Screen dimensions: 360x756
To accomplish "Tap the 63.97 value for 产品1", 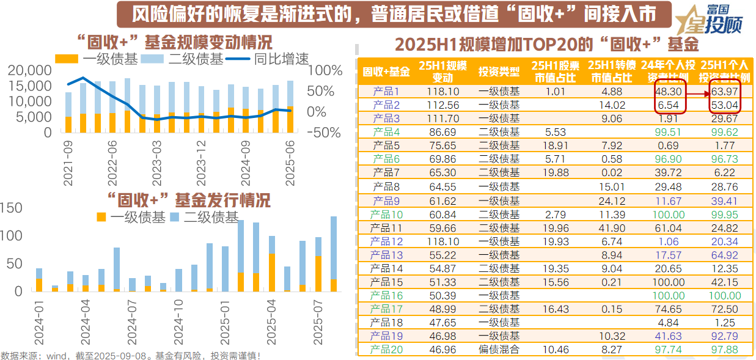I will coord(724,92).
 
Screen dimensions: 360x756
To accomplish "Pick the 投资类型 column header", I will coord(499,72).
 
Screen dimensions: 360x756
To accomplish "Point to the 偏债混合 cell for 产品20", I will coord(499,350).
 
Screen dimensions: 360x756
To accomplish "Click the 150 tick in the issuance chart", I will coord(10,208).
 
